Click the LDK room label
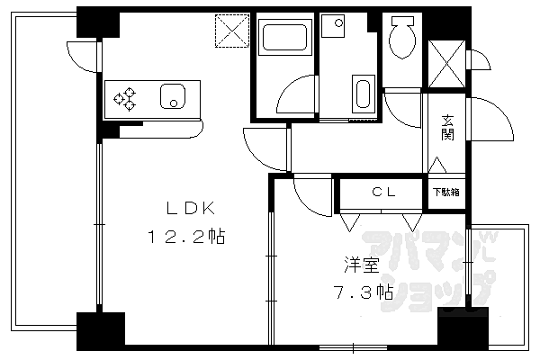[191, 209]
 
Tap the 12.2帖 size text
[186, 238]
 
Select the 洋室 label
[362, 265]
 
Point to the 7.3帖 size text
[363, 292]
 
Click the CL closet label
[384, 192]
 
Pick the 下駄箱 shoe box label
[446, 192]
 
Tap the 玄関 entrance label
[447, 128]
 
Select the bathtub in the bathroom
[284, 38]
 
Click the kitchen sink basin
[173, 96]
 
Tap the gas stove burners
[125, 98]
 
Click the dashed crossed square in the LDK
[232, 31]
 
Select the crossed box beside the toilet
[446, 64]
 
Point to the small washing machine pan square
[333, 25]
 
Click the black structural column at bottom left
[101, 331]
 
